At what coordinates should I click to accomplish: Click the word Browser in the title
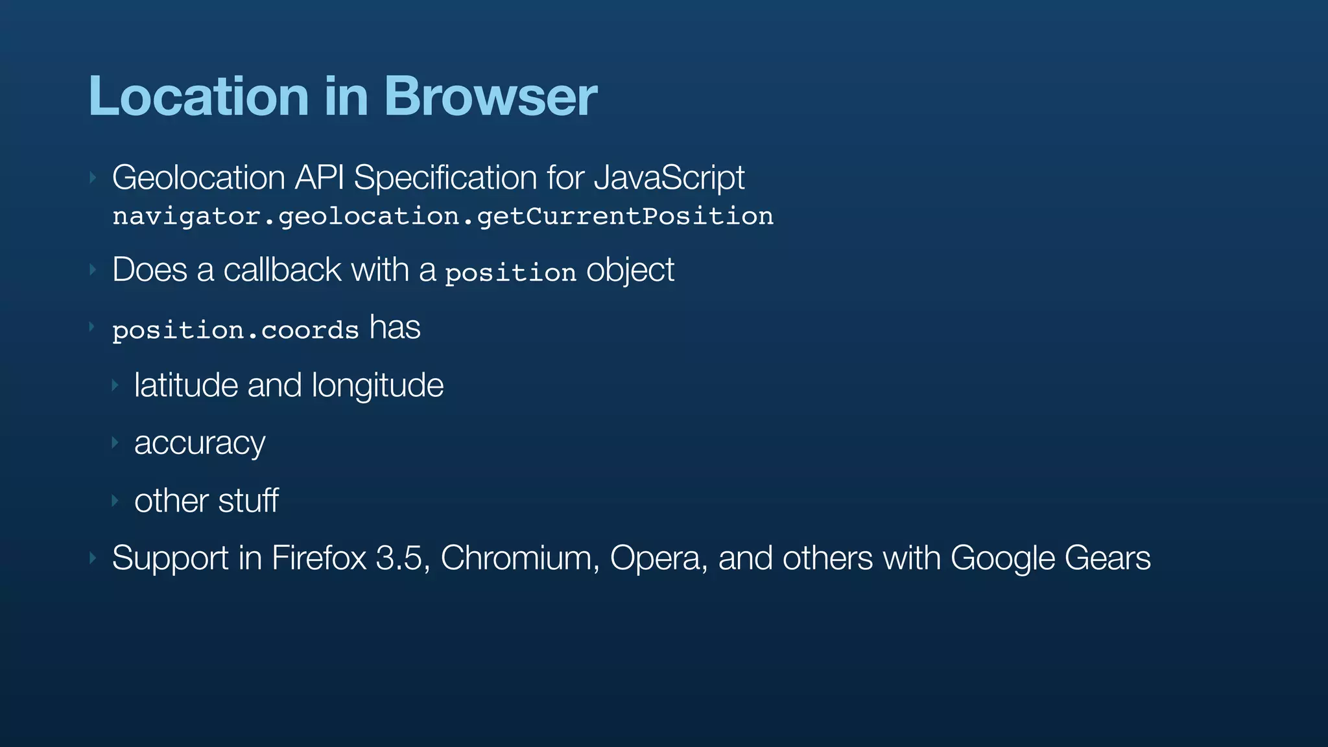coord(490,96)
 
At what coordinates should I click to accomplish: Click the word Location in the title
coord(198,96)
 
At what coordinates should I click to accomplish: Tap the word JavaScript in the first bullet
coord(669,178)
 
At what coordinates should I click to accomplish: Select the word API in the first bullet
coord(319,178)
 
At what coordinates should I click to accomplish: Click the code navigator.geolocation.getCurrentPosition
coord(443,216)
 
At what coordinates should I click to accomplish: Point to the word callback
coord(282,270)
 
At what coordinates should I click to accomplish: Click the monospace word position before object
coord(510,273)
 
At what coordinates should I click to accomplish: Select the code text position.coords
coord(235,331)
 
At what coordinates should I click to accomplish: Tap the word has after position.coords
coord(395,327)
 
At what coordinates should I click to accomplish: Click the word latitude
coord(186,385)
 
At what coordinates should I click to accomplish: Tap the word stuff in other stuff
coord(248,501)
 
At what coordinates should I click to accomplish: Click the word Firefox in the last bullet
coord(319,558)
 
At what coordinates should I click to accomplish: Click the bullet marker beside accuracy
coord(115,443)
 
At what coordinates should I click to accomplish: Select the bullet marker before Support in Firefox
coord(93,558)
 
